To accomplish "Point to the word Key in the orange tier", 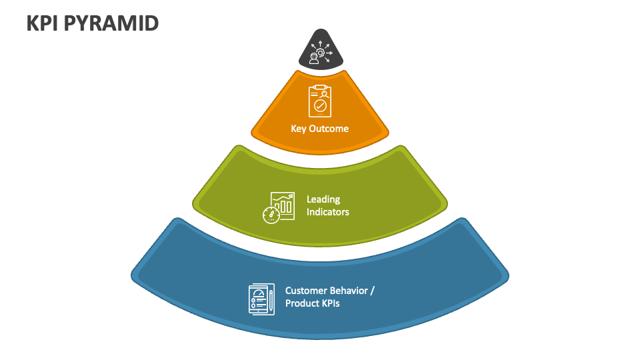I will click(299, 129).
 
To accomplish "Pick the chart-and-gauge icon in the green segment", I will click(278, 207).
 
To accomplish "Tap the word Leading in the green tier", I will click(323, 199).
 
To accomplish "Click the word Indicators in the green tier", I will click(328, 212).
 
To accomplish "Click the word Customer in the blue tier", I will click(307, 291).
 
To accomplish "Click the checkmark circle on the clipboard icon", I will click(321, 107).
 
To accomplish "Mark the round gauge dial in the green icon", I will click(271, 215).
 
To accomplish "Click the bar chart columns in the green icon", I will click(285, 206).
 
